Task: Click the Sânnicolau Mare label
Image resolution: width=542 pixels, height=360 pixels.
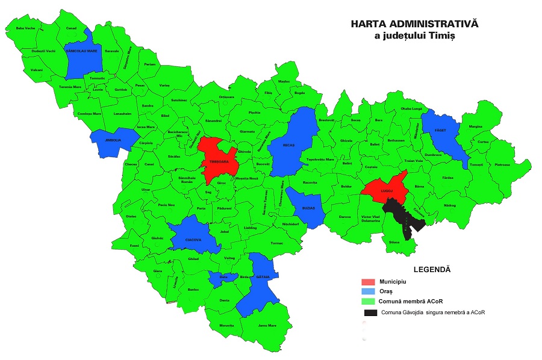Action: tap(81, 52)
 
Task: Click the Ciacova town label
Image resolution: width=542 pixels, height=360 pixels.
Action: tap(193, 239)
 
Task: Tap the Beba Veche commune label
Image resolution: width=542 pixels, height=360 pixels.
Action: tap(25, 28)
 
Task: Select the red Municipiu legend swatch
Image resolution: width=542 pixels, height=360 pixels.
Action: tap(369, 282)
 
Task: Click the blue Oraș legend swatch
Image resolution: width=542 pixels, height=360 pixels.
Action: tap(369, 291)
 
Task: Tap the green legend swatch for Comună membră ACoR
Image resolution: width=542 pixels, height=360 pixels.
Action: tap(369, 301)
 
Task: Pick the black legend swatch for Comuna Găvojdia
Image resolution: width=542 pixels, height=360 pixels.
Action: tap(370, 312)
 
